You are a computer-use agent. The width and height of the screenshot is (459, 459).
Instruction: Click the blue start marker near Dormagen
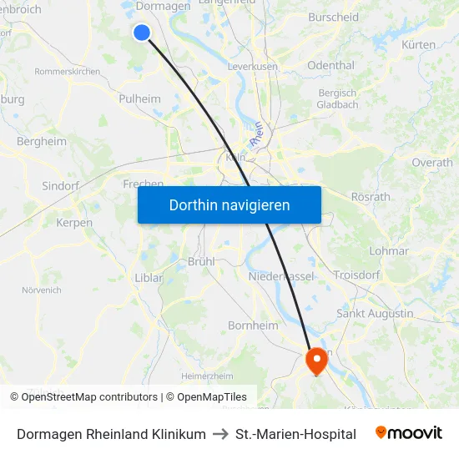coord(142,32)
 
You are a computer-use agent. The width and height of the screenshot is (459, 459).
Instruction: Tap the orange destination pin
coord(317,361)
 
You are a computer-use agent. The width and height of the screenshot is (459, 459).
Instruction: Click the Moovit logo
coord(409,433)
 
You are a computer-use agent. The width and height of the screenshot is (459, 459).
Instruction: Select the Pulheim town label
coord(139,98)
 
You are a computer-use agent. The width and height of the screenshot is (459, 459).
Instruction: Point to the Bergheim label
coord(42,142)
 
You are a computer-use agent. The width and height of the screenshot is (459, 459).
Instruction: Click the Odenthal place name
coord(331,64)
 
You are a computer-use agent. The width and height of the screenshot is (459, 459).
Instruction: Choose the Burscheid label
coord(333,17)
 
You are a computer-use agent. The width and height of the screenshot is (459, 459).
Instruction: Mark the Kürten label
coord(418,44)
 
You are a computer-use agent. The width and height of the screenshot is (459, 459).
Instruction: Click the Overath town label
coord(432,163)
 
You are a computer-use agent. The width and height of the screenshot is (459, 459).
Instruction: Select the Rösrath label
coord(371,197)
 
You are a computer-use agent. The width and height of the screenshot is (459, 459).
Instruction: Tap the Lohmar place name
coord(388,250)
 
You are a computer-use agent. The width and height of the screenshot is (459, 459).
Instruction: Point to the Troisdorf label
coord(357,275)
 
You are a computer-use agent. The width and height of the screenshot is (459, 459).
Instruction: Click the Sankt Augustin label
coord(375,313)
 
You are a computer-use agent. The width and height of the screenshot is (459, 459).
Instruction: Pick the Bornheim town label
coord(253,325)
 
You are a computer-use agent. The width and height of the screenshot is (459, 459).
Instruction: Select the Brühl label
coord(201,261)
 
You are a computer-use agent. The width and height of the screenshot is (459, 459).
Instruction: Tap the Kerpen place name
coord(74,223)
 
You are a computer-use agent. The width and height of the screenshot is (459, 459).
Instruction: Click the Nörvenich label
coord(42,290)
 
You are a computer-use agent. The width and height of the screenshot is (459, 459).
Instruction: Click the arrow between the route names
coord(220,434)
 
